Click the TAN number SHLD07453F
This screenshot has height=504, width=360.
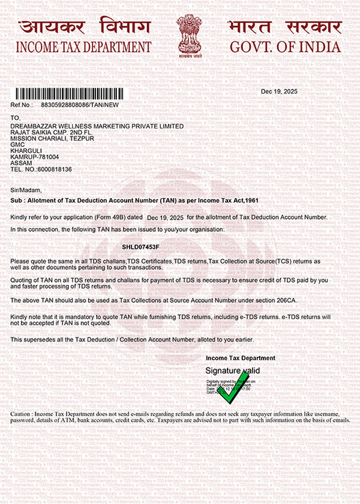(x=140, y=247)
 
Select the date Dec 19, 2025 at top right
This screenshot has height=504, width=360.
(x=279, y=91)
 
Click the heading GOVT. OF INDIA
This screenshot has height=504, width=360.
(x=285, y=47)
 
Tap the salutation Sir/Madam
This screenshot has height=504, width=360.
(x=25, y=190)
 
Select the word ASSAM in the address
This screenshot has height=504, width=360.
(x=21, y=163)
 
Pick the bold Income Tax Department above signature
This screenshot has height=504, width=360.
(x=240, y=358)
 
